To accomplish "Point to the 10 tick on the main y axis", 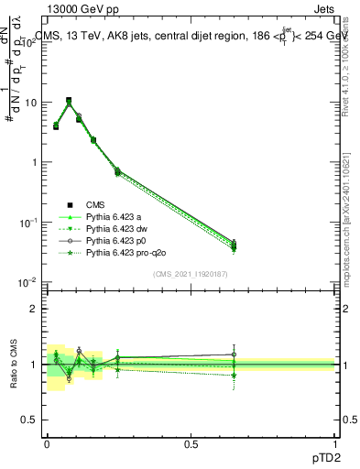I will (x=32, y=103).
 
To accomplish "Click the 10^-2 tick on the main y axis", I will (x=30, y=282).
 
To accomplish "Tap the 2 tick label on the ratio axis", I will (x=35, y=309).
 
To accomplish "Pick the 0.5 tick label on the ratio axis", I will (x=30, y=420).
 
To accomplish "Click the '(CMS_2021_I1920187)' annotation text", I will (x=191, y=274).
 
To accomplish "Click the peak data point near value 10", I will (x=69, y=101).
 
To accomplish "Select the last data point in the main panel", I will (x=234, y=245).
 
